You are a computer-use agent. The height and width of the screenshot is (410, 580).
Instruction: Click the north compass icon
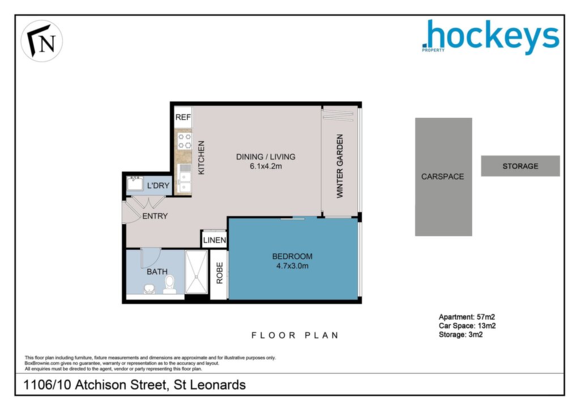click(x=42, y=41)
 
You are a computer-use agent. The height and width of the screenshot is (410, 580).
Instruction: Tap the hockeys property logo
click(x=491, y=36)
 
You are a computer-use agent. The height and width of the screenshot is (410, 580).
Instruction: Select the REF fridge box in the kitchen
click(x=183, y=117)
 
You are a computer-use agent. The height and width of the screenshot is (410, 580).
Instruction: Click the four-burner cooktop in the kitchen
click(x=185, y=141)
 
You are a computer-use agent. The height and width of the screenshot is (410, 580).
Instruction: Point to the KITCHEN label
click(x=201, y=157)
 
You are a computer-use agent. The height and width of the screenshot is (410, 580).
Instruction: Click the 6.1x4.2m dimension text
click(x=266, y=166)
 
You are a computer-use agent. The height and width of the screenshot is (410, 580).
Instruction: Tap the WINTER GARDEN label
click(x=340, y=166)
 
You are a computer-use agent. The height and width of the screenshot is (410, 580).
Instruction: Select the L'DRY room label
click(x=158, y=186)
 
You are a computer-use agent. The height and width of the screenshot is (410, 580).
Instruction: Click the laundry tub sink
click(x=135, y=183)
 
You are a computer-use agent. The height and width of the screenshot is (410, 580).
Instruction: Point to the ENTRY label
click(x=155, y=216)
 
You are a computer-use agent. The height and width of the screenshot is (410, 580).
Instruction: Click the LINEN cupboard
click(x=214, y=239)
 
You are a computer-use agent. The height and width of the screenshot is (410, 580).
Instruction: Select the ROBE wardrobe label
click(x=220, y=273)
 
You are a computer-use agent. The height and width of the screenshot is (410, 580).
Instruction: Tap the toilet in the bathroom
click(x=170, y=284)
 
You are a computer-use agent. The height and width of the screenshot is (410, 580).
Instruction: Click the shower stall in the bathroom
click(x=197, y=272)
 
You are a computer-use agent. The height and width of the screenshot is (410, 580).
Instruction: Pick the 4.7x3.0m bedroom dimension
click(x=292, y=266)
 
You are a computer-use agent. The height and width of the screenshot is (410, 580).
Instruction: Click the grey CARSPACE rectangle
click(x=443, y=177)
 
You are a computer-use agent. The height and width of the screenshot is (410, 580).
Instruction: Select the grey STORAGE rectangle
click(x=521, y=166)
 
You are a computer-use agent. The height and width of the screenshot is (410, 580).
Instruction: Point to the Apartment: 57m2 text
click(x=467, y=317)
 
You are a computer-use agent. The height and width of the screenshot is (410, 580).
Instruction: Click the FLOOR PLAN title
click(x=295, y=335)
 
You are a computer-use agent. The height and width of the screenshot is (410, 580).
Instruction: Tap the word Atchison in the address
click(x=121, y=385)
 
